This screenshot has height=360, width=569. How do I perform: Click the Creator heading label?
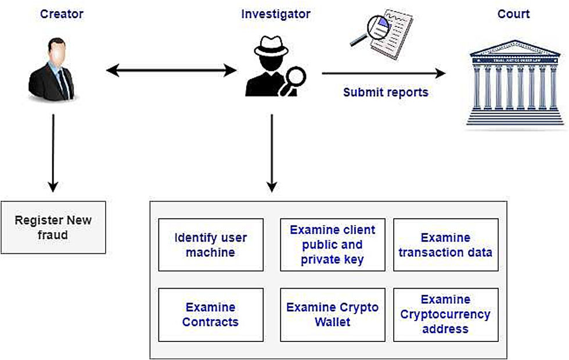coord(62,14)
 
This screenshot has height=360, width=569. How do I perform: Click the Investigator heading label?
coord(276,14)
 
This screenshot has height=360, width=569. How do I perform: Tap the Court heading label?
coord(513,14)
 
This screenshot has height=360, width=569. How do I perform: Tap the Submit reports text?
coord(386,92)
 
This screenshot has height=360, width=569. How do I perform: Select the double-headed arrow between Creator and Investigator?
coord(171,71)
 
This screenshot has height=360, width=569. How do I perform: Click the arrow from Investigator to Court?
coord(383,73)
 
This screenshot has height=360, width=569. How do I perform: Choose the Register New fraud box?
coord(53,228)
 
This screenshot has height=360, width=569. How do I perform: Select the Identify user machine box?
coord(210,245)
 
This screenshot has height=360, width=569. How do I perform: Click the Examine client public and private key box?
coord(332,245)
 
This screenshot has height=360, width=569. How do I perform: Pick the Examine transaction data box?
coord(445,245)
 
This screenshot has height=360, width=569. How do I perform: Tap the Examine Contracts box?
coord(210,315)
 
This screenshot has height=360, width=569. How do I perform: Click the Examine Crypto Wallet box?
coord(332,315)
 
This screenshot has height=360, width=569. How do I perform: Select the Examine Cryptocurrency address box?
coord(445,315)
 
